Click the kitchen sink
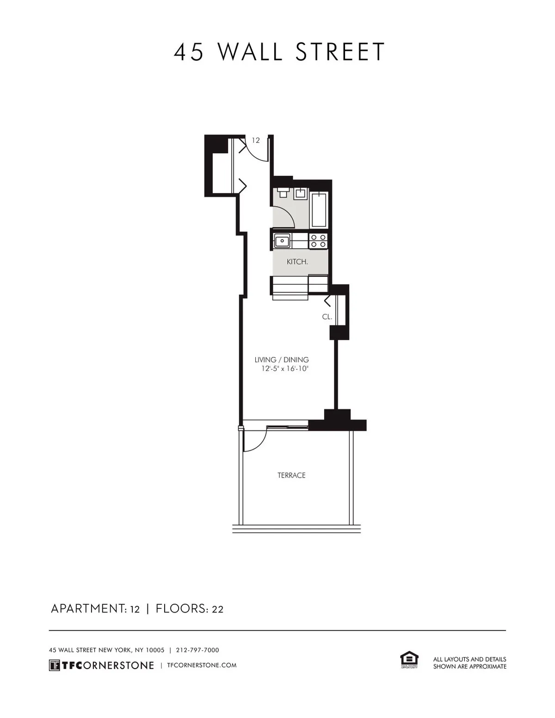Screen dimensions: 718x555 coord(282,241)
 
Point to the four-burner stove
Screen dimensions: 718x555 coord(318,241)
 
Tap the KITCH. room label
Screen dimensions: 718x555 coord(297,262)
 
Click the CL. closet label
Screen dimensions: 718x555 coord(327,317)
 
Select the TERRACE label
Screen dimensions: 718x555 coord(291,475)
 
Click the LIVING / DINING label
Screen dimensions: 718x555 coord(282,360)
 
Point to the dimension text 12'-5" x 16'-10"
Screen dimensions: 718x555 coord(284,369)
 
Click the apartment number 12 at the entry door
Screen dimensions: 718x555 coord(256,140)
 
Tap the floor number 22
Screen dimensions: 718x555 coord(217,609)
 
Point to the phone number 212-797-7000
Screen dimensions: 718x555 coord(197,650)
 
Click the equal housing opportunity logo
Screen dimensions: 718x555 coord(409,660)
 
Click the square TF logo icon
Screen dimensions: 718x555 coord(54,665)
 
